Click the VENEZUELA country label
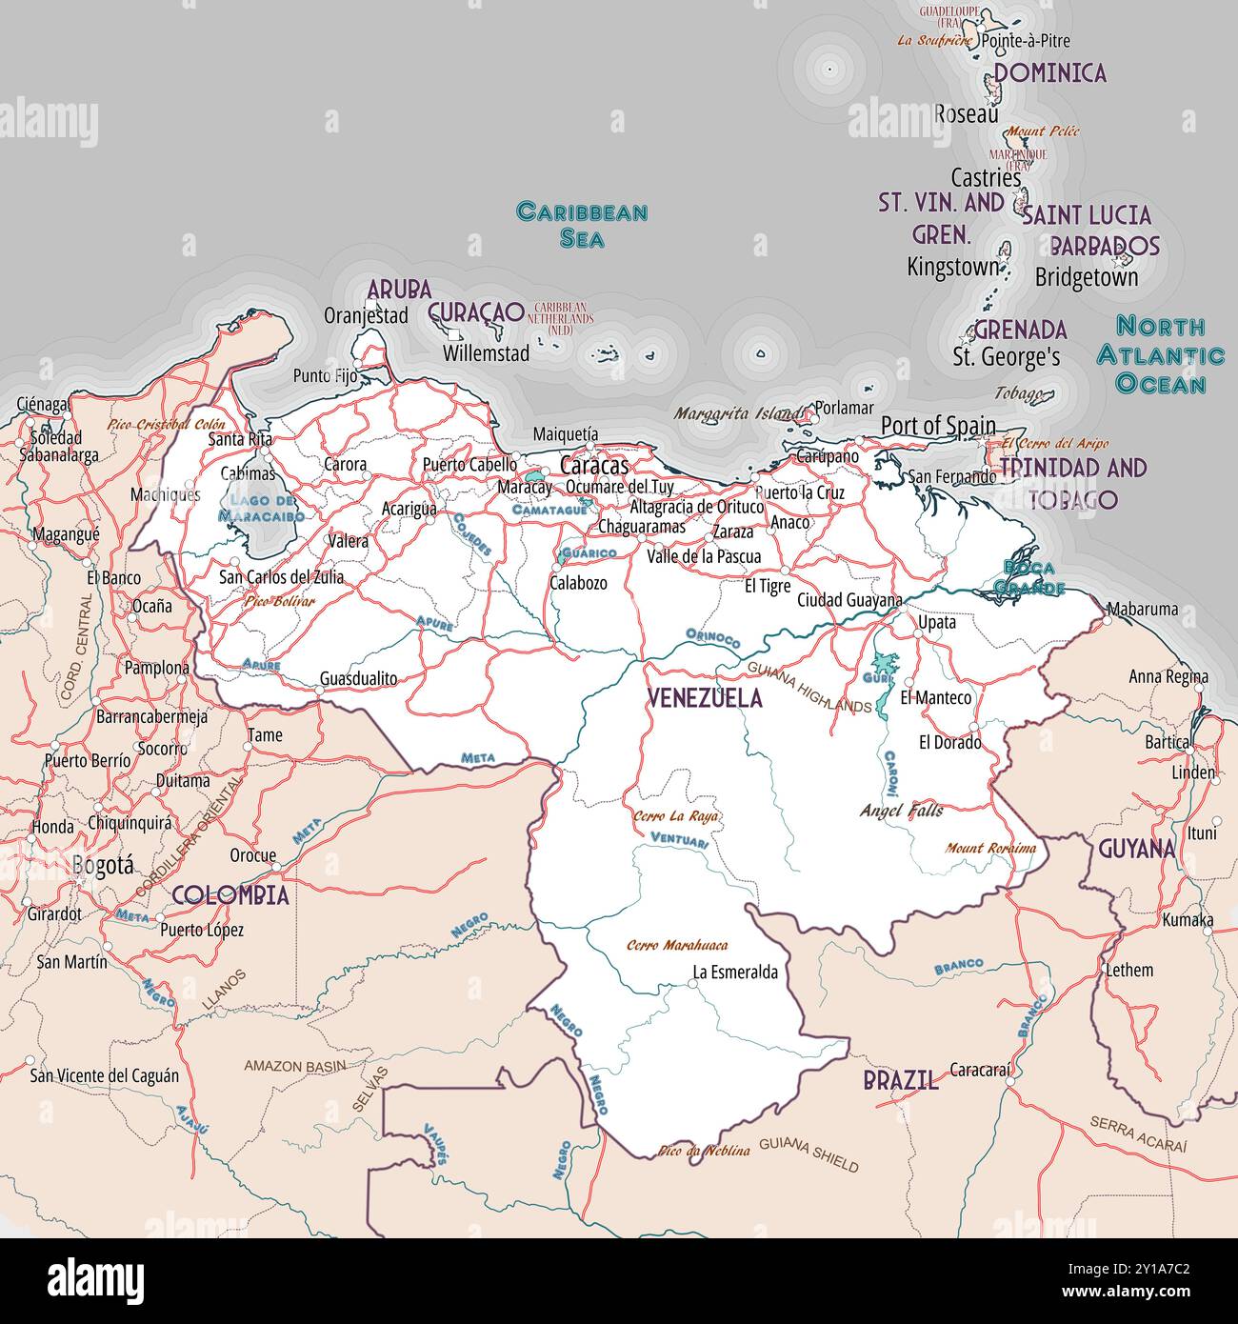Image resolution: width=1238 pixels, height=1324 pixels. [x=705, y=698]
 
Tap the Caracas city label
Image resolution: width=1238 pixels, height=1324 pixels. [x=594, y=466]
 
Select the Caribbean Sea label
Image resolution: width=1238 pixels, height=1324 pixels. [x=582, y=225]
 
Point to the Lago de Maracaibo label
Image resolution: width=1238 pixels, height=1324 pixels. [x=261, y=508]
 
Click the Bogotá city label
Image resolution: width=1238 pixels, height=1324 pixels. [x=103, y=865]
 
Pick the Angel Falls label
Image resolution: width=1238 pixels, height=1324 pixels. [x=901, y=811]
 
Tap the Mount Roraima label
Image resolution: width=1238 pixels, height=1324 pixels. [x=990, y=848]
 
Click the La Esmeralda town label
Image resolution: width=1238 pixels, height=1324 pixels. [x=735, y=973]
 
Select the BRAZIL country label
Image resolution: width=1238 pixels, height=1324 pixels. [x=900, y=1080]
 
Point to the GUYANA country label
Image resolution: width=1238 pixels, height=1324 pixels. [x=1137, y=849]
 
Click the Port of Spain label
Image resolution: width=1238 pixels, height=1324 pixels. [x=938, y=426]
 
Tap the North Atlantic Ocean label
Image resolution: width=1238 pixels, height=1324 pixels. [x=1161, y=355]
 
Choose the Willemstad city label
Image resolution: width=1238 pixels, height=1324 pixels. [x=486, y=353]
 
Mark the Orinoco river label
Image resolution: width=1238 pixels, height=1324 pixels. [x=712, y=638]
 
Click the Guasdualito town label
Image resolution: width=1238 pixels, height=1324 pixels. [x=358, y=678]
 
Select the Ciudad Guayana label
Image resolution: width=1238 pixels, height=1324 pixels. [x=849, y=600]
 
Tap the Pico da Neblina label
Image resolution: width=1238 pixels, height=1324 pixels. [x=704, y=1151]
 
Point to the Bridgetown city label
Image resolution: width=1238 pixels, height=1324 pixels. [x=1087, y=277]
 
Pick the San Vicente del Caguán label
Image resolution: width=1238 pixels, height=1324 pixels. [x=105, y=1075]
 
